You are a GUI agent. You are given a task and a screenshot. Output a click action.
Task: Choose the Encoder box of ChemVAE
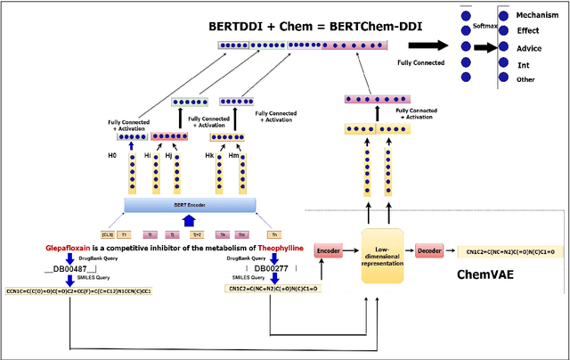tap(330, 251)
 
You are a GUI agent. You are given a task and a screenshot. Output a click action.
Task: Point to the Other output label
tap(525, 79)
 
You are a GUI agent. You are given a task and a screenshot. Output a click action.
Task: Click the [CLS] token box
tap(110, 234)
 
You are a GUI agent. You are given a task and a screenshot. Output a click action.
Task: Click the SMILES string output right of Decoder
tap(517, 252)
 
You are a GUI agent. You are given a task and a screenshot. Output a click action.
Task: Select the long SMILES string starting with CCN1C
tap(77, 290)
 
